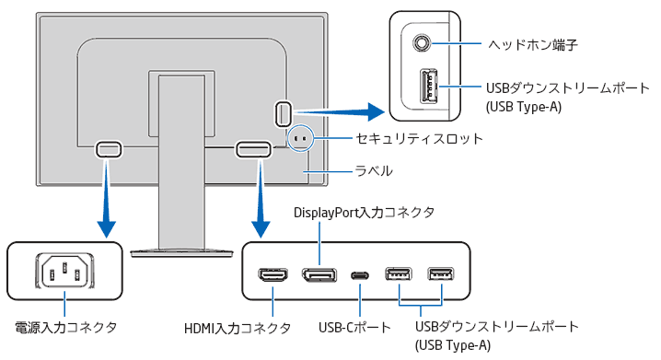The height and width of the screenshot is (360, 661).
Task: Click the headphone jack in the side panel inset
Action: pos(422,42)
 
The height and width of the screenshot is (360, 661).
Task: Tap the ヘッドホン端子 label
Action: pos(533,44)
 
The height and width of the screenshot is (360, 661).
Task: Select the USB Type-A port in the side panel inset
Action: pos(428,86)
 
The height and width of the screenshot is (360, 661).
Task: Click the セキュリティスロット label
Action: pos(419,139)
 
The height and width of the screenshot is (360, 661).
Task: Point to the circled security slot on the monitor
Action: pos(301,138)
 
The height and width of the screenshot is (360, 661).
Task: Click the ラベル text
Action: pos(374,170)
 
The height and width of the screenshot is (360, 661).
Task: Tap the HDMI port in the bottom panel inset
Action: pos(273,275)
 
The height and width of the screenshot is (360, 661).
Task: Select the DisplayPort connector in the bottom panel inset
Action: pos(319,275)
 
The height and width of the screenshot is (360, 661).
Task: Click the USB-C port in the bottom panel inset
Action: pos(360,275)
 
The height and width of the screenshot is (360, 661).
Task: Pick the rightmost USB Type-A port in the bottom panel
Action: pos(441,274)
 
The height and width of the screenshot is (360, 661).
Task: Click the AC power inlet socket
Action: pos(64,271)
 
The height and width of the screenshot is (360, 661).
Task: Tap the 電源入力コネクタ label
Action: pos(65,328)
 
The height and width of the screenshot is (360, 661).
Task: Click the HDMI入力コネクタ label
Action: pos(238,328)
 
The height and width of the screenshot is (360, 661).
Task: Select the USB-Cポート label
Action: pos(354,328)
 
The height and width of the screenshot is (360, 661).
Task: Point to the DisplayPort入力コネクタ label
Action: pos(364,212)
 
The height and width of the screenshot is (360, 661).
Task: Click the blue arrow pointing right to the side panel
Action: pos(340,111)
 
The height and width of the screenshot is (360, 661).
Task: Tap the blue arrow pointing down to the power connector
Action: pos(106,198)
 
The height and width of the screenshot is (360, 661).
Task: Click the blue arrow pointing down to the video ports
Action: pos(261,198)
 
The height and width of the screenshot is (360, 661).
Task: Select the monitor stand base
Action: pos(181,253)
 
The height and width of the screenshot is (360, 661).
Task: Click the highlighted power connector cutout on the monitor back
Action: pos(109,149)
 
